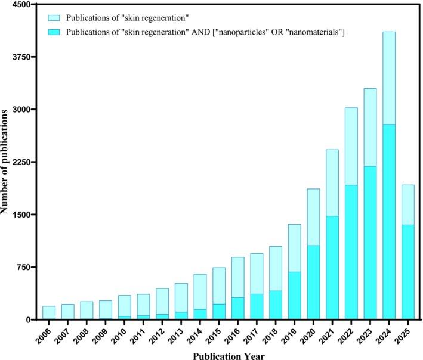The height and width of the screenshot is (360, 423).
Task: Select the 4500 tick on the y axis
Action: [21, 5]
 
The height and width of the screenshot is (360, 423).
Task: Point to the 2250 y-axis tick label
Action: [21, 162]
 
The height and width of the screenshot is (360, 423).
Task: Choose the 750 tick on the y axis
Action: [23, 267]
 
